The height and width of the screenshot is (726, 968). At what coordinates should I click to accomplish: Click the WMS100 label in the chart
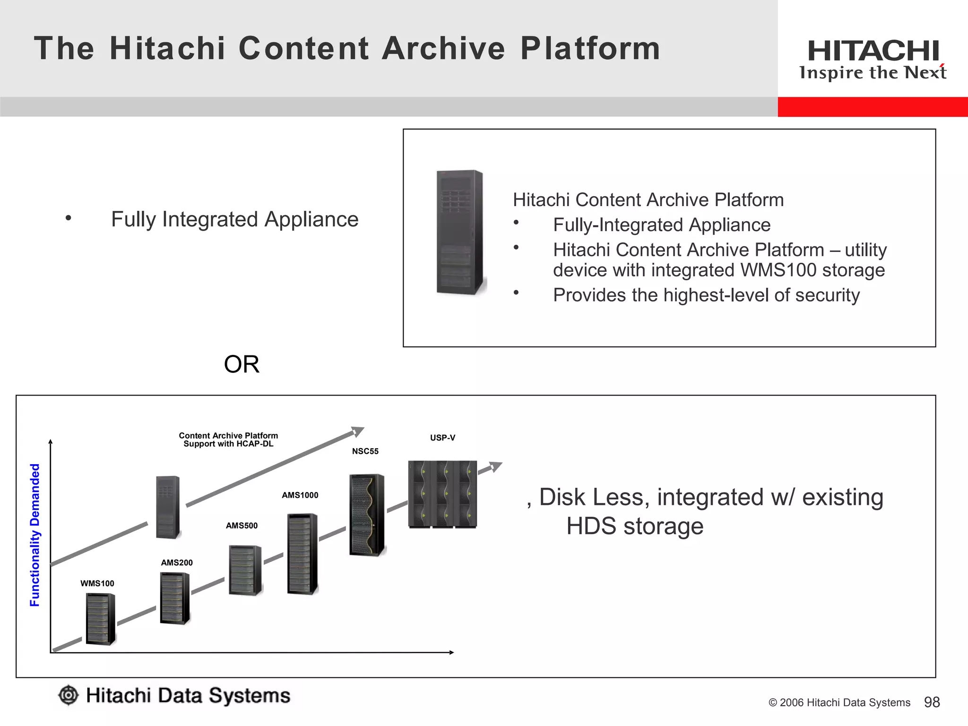(97, 583)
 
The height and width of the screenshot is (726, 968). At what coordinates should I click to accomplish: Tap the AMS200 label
(177, 562)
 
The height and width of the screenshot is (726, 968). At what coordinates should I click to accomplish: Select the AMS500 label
(242, 526)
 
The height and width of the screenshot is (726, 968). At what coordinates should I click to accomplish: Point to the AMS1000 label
(300, 495)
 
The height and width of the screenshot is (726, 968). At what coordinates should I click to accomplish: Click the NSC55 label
(365, 451)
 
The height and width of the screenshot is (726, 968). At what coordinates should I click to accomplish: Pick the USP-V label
(443, 438)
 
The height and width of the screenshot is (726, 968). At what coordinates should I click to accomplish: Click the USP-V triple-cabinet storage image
(442, 494)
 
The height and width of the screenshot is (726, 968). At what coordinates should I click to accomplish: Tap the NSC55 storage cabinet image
(367, 515)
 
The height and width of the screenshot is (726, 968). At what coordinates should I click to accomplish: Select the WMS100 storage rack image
(101, 619)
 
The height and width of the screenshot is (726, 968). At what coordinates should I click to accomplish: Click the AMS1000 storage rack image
(302, 553)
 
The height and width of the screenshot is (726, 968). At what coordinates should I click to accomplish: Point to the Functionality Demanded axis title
(35, 535)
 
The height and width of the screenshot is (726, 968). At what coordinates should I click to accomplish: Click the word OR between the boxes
(242, 364)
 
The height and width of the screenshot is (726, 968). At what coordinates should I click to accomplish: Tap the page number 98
(932, 702)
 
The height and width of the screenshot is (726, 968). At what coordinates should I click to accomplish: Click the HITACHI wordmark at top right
(873, 51)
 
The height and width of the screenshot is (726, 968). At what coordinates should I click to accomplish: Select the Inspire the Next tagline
(873, 73)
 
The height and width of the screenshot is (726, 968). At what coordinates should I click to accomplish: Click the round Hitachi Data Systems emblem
(69, 695)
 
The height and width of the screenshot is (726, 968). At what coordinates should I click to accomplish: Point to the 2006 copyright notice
(839, 703)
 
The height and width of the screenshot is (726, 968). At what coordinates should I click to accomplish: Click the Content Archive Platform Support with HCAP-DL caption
(228, 440)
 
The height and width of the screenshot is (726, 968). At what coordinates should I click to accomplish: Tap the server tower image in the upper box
(460, 232)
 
